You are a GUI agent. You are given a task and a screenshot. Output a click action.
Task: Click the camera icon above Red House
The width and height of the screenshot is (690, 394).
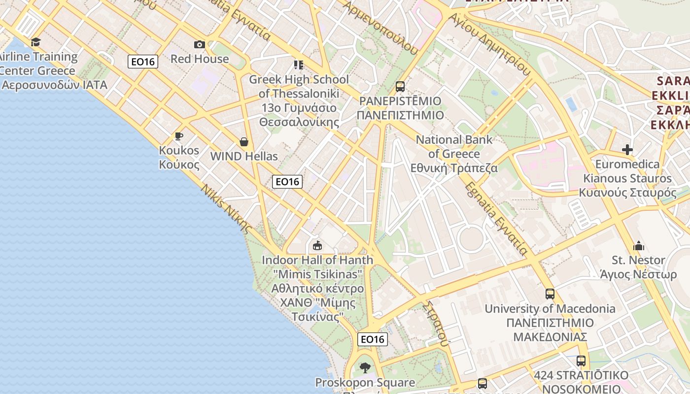click(200, 45)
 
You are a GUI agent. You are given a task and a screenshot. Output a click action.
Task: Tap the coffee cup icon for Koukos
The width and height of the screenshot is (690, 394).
click(179, 136)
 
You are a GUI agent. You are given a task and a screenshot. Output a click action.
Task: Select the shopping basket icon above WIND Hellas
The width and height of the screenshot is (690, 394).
click(244, 142)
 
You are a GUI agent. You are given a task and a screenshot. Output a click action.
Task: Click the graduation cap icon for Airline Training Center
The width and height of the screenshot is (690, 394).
click(35, 42)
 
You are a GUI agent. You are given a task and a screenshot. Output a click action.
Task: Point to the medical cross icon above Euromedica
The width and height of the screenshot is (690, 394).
click(627, 149)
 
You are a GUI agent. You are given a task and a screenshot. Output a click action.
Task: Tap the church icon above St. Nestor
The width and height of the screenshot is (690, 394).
click(639, 246)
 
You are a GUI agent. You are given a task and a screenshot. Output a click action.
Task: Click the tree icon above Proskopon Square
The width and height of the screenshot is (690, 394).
click(365, 367)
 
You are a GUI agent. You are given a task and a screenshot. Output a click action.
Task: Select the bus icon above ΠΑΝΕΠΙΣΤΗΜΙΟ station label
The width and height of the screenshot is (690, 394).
click(400, 87)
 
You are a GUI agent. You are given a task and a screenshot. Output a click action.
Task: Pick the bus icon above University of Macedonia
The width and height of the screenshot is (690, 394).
click(550, 294)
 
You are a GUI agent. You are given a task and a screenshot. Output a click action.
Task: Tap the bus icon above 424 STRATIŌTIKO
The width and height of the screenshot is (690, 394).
click(581, 361)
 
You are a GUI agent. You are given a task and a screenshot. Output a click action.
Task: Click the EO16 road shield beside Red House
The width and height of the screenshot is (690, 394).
click(143, 62)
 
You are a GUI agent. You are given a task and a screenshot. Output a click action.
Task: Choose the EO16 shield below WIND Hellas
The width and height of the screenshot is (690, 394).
click(287, 182)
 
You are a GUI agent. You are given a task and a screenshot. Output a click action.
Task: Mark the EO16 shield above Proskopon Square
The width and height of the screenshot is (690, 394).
click(373, 339)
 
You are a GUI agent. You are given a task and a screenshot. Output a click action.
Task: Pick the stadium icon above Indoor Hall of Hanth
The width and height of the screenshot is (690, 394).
click(317, 245)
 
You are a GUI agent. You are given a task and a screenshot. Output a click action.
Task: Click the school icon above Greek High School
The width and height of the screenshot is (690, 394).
click(299, 65)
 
